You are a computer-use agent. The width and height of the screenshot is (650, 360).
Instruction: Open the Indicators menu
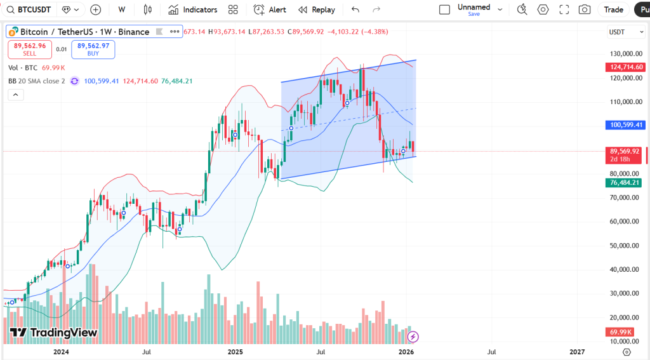[x=193, y=10]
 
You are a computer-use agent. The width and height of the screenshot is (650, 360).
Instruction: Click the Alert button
[x=270, y=10]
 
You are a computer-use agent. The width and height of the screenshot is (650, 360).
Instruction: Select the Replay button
[x=317, y=10]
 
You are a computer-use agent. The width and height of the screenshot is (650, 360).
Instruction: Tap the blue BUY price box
[x=93, y=49]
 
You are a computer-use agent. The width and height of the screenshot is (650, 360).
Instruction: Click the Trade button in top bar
[x=613, y=10]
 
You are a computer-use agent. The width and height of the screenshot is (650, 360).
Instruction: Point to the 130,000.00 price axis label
[x=625, y=54]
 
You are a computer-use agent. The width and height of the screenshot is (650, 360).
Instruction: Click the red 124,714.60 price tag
[x=627, y=67]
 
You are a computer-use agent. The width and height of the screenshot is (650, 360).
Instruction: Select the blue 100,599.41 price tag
[x=627, y=125]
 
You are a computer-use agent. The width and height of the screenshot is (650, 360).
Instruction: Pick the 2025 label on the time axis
[x=235, y=351]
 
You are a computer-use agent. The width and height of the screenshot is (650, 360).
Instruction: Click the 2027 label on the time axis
[x=577, y=351]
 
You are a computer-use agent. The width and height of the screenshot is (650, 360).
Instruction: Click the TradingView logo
[x=53, y=333]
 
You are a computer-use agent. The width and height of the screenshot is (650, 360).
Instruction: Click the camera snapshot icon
[x=585, y=10]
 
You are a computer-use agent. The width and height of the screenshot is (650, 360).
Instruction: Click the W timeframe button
[x=122, y=10]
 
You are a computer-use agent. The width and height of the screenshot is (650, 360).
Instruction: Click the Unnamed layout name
[x=474, y=7]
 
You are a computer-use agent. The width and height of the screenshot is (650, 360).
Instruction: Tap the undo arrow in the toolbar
[x=355, y=10]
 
